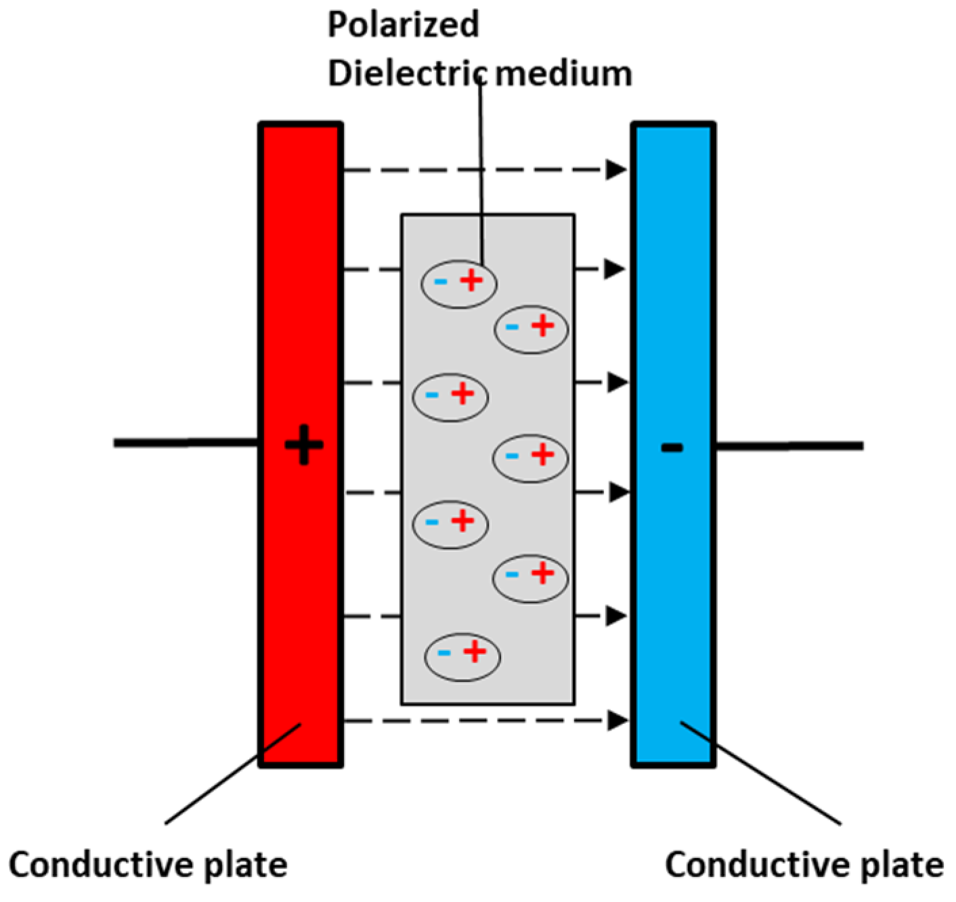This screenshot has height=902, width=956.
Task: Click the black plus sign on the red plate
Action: click(x=304, y=446)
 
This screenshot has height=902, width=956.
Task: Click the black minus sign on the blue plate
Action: click(x=672, y=447)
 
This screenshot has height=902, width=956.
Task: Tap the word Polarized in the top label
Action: click(x=404, y=24)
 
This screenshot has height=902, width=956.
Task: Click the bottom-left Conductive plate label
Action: click(x=148, y=865)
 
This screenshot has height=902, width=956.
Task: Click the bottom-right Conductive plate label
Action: click(x=804, y=865)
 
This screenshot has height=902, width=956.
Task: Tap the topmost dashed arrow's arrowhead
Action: click(x=615, y=170)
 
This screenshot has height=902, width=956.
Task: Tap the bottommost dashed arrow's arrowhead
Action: click(x=615, y=721)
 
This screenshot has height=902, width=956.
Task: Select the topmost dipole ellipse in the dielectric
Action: click(x=459, y=283)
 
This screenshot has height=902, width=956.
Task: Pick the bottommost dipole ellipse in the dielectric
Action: click(x=462, y=656)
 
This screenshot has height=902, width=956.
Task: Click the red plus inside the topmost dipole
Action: click(x=472, y=280)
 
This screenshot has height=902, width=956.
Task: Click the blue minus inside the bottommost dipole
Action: click(x=444, y=653)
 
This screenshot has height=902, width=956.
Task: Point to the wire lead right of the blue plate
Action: click(x=789, y=446)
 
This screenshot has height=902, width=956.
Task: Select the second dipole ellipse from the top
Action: click(x=531, y=329)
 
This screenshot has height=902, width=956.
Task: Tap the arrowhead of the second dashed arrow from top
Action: click(x=614, y=269)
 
